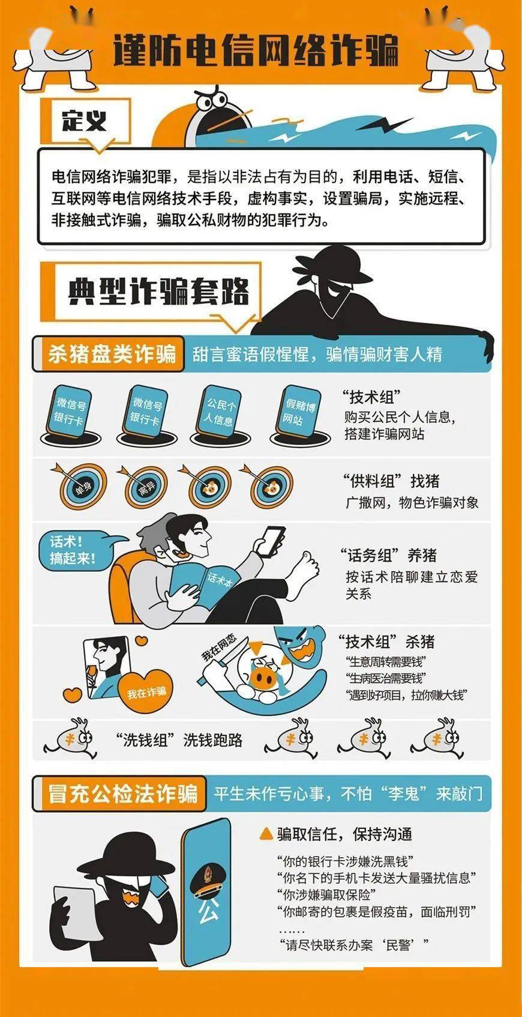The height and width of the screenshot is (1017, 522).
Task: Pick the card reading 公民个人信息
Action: point(220,412)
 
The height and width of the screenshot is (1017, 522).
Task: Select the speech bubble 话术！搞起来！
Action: point(73,550)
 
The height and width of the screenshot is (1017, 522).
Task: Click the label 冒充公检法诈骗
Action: point(123,794)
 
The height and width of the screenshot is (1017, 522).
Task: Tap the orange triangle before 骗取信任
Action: point(266,833)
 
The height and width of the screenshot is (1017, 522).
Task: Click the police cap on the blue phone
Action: point(206,879)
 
